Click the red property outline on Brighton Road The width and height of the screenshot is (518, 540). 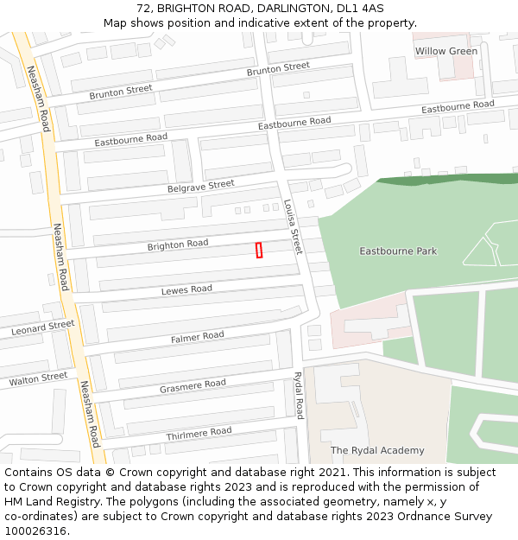point(259,250)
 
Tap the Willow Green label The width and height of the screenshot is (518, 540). point(445,52)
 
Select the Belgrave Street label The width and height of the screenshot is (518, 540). point(201,186)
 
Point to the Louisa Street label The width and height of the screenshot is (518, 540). point(293,226)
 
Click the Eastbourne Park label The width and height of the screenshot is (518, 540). point(398,251)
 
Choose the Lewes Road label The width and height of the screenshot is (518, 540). point(186,290)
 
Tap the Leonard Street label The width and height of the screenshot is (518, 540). point(43,328)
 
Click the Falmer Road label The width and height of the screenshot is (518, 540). point(197,336)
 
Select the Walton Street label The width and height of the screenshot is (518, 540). point(38,378)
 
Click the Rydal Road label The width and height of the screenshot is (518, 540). point(299,395)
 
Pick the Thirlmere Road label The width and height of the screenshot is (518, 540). point(199,432)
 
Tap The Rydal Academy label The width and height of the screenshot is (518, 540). point(377,450)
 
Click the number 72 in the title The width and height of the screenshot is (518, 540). point(142,9)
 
